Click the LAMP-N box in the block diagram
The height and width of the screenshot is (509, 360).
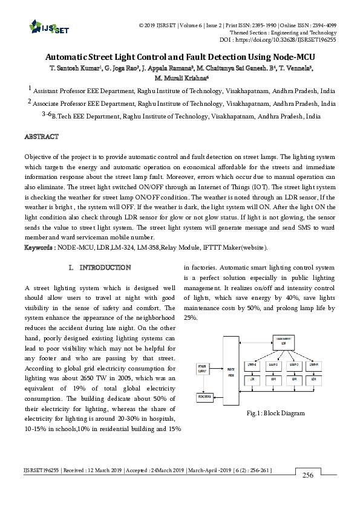[314, 365]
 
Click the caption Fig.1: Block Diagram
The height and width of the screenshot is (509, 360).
[275, 413]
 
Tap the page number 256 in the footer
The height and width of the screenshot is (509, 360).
[308, 493]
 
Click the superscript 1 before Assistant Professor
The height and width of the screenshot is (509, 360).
[30, 88]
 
